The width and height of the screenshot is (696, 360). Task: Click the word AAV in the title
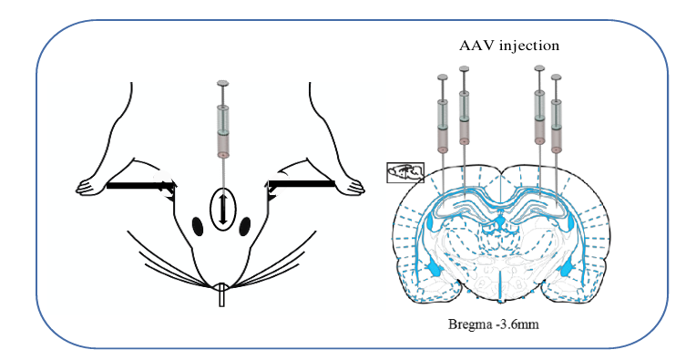476,46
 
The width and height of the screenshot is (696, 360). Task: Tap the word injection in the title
529,46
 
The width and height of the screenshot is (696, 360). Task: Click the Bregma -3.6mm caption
494,324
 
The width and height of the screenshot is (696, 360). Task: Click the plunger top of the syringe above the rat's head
223,84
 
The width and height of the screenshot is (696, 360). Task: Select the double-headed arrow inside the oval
223,208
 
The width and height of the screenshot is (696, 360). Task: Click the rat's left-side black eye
198,227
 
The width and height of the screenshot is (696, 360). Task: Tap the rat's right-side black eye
245,227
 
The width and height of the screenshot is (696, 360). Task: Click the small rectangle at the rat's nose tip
222,295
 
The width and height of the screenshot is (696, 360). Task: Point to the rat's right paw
351,187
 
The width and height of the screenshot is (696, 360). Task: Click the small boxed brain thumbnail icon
405,172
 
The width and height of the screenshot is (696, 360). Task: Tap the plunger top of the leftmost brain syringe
443,77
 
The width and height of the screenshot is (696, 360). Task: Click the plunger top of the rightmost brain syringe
557,77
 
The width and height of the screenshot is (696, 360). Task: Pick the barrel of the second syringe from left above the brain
465,118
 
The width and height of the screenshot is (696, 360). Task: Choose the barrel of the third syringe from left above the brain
539,118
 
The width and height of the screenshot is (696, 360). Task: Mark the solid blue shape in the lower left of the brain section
433,270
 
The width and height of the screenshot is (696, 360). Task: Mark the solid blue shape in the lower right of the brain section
568,270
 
